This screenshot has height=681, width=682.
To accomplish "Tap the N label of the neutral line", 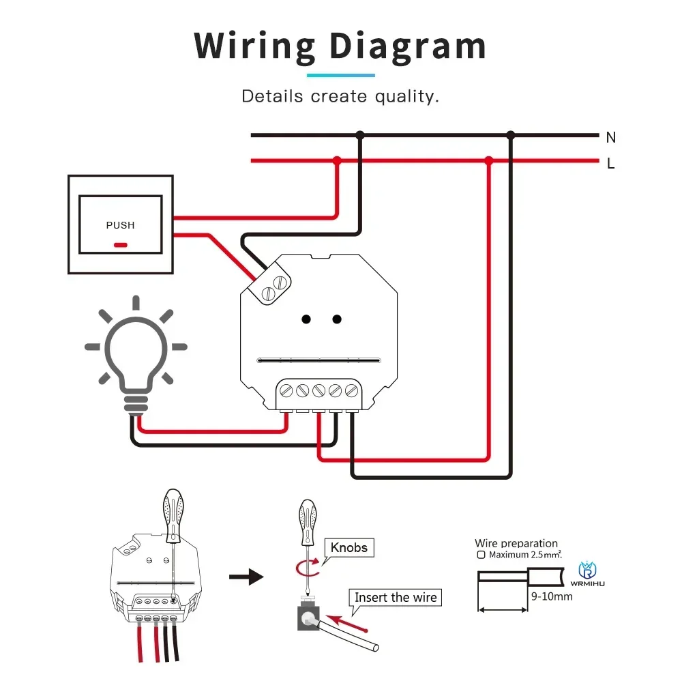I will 610,137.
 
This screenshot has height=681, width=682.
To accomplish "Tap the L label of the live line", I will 610,164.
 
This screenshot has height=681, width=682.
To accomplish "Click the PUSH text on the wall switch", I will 120,225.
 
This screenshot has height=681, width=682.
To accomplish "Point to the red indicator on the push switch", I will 120,244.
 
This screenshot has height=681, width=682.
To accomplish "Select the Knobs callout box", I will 349,547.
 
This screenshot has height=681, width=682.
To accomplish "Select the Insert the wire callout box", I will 396,598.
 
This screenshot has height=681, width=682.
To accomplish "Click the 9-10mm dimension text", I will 551,596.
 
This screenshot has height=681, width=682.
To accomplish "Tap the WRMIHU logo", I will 587,574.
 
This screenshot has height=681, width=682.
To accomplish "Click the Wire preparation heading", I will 516,544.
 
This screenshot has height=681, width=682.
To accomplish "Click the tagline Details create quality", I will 340,96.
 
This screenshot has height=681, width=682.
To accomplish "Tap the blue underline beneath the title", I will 340,74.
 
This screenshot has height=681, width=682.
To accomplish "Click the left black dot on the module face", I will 307,319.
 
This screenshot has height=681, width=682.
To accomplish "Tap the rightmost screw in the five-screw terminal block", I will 351,391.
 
